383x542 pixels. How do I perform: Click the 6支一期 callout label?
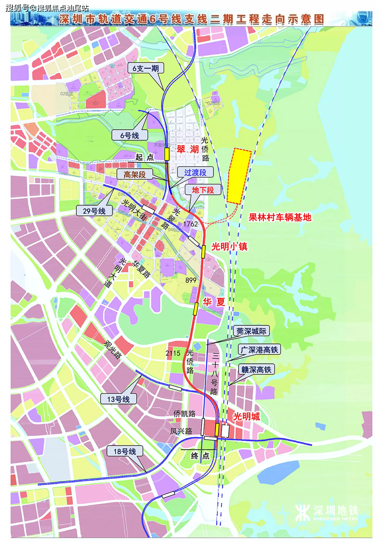(x=146, y=68)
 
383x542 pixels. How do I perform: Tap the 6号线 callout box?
(x=130, y=135)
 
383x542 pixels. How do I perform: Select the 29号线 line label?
(x=94, y=211)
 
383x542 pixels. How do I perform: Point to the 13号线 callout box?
(x=118, y=399)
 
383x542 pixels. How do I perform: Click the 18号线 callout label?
(x=125, y=451)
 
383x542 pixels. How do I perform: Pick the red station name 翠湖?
(x=188, y=149)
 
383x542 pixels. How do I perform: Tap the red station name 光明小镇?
(x=229, y=247)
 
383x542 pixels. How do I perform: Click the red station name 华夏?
(x=214, y=302)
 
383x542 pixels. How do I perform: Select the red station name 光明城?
(x=246, y=416)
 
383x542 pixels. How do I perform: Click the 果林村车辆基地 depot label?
(x=280, y=217)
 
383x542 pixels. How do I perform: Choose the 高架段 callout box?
(x=135, y=174)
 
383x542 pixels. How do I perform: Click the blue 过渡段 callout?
(x=195, y=173)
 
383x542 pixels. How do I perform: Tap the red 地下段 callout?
(x=203, y=190)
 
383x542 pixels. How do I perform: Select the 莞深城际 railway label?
(x=251, y=331)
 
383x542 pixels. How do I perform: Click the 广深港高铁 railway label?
(x=259, y=350)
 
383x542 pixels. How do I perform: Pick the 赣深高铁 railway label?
(x=256, y=370)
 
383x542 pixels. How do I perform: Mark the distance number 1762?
(x=190, y=224)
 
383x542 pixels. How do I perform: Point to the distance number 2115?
(x=173, y=353)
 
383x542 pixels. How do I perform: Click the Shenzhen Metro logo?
(x=326, y=512)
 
